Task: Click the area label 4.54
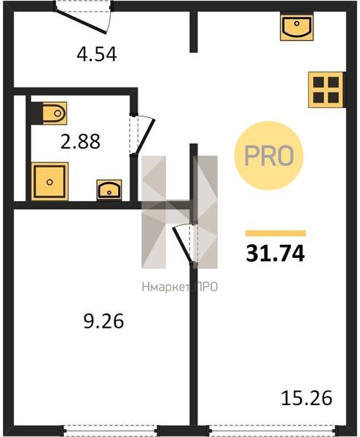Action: [96, 55]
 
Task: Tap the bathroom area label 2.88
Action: [80, 141]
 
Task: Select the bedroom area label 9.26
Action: [103, 321]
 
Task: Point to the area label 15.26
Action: [307, 398]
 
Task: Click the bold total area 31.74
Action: [275, 254]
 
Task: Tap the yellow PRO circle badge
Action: [268, 156]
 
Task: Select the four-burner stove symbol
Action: [326, 90]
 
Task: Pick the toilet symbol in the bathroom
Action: [55, 113]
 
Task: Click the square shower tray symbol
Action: [50, 181]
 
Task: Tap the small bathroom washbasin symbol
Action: [109, 190]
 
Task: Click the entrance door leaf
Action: [80, 22]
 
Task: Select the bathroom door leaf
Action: [144, 137]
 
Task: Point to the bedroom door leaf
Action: [182, 245]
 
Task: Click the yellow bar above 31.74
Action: [275, 233]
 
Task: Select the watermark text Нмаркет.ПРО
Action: [179, 287]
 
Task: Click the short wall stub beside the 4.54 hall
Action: [194, 31]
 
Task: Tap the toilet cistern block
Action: [37, 113]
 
